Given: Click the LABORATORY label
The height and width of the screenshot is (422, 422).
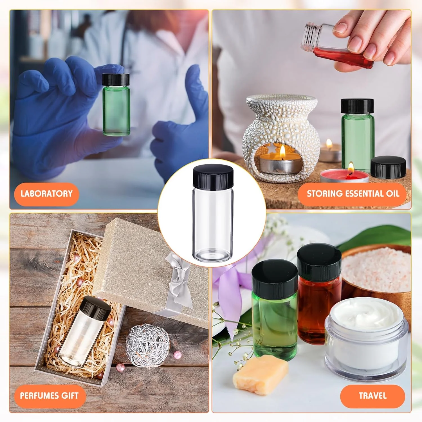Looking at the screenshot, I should click(x=46, y=194).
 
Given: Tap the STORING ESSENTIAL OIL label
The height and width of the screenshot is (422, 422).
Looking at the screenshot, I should click(x=353, y=194).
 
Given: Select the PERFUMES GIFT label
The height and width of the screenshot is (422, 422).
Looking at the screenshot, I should click(x=49, y=396).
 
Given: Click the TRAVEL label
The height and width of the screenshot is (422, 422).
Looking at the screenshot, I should click(x=372, y=396).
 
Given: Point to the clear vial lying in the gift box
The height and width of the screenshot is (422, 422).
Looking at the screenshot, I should click(x=83, y=332).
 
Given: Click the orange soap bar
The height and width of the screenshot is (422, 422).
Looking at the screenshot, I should click(x=260, y=374).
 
